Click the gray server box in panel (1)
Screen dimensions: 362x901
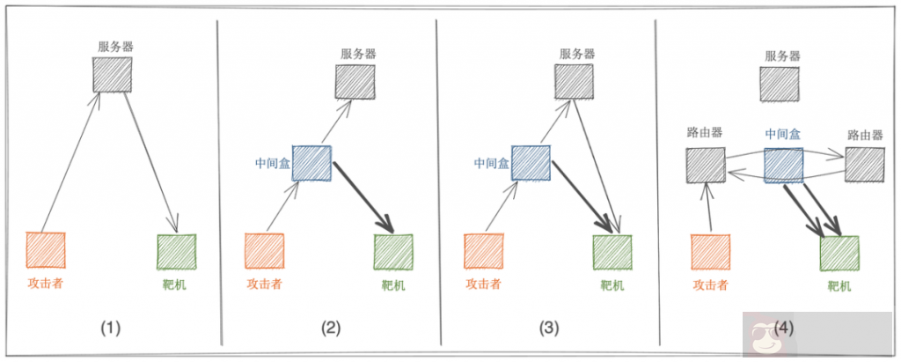pos(113,75)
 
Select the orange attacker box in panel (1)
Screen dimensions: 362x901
pos(47,251)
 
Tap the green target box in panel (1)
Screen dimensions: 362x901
pos(176,251)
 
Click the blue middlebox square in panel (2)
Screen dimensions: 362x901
pos(311,164)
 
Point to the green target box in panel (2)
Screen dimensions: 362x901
pos(393,252)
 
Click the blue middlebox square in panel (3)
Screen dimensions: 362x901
pos(531,164)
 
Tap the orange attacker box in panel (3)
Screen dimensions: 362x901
pos(483,252)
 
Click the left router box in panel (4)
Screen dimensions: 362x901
pos(705,165)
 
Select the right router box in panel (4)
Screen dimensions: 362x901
pos(864,165)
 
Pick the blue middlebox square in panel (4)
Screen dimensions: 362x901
pos(783,165)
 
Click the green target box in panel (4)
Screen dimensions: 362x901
pos(839,254)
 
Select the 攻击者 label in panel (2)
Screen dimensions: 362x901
pos(264,284)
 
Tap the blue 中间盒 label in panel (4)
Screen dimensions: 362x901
pos(782,135)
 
